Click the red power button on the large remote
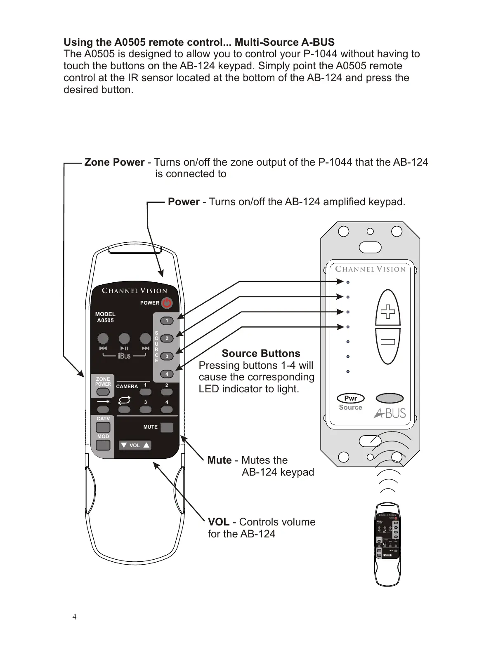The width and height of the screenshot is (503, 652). tap(167, 303)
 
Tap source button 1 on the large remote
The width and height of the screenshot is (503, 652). tap(167, 321)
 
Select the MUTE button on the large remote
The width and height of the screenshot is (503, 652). tap(167, 427)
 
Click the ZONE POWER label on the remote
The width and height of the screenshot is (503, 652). tap(103, 381)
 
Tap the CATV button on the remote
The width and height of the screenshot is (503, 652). tap(103, 427)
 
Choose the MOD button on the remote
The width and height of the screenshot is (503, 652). tap(103, 445)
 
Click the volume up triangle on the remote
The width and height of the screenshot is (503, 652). tap(146, 445)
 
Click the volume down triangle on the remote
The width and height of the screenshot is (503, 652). tap(124, 445)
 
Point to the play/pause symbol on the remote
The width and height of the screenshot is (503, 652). tap(124, 349)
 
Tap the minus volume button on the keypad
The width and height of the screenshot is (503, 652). tap(388, 342)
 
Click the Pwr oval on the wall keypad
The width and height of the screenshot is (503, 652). tap(350, 398)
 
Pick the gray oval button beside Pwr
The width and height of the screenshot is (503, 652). tap(390, 398)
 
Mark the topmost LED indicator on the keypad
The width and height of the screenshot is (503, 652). tap(348, 282)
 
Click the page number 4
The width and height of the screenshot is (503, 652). tap(74, 617)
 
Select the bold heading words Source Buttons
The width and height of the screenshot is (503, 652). tap(261, 354)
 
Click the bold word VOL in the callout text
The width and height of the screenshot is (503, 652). tap(219, 522)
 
